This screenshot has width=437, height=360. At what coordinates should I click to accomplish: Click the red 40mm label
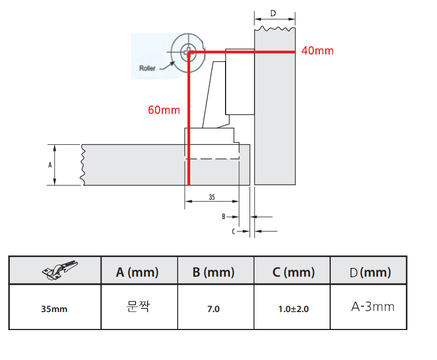click(x=317, y=51)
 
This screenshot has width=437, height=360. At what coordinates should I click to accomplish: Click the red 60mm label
click(x=163, y=110)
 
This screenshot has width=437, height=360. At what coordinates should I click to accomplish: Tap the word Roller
click(x=148, y=68)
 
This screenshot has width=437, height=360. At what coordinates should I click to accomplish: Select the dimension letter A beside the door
click(x=51, y=164)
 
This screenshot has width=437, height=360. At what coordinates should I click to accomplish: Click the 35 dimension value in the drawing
click(x=211, y=197)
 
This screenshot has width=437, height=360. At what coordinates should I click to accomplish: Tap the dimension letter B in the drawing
click(x=223, y=216)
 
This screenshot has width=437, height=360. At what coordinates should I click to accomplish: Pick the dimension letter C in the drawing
click(x=233, y=231)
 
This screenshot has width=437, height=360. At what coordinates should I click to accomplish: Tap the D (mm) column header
click(x=369, y=272)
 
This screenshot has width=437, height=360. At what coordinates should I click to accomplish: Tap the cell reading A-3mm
click(x=373, y=307)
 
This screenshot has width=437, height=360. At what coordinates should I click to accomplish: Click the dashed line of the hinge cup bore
click(x=213, y=158)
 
